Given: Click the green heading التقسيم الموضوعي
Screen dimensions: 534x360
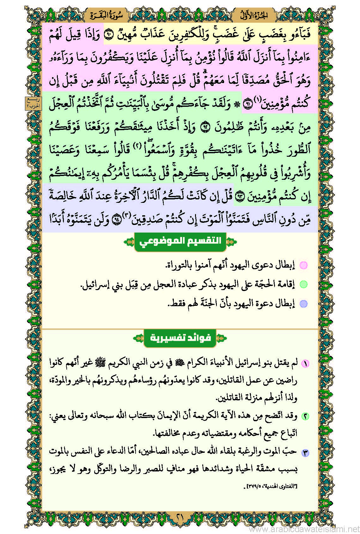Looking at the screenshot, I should click(x=180, y=242).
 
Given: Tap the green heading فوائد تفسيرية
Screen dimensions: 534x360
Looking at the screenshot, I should click(x=180, y=338).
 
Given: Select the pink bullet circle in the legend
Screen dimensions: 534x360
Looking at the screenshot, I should click(x=303, y=265).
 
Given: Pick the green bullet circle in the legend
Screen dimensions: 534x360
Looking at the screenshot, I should click(x=303, y=284).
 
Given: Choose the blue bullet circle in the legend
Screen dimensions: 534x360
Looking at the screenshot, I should click(x=303, y=304).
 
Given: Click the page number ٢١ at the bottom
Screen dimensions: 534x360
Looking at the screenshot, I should click(x=180, y=517).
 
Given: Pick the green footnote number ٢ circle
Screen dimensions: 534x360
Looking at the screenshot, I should click(x=305, y=416).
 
